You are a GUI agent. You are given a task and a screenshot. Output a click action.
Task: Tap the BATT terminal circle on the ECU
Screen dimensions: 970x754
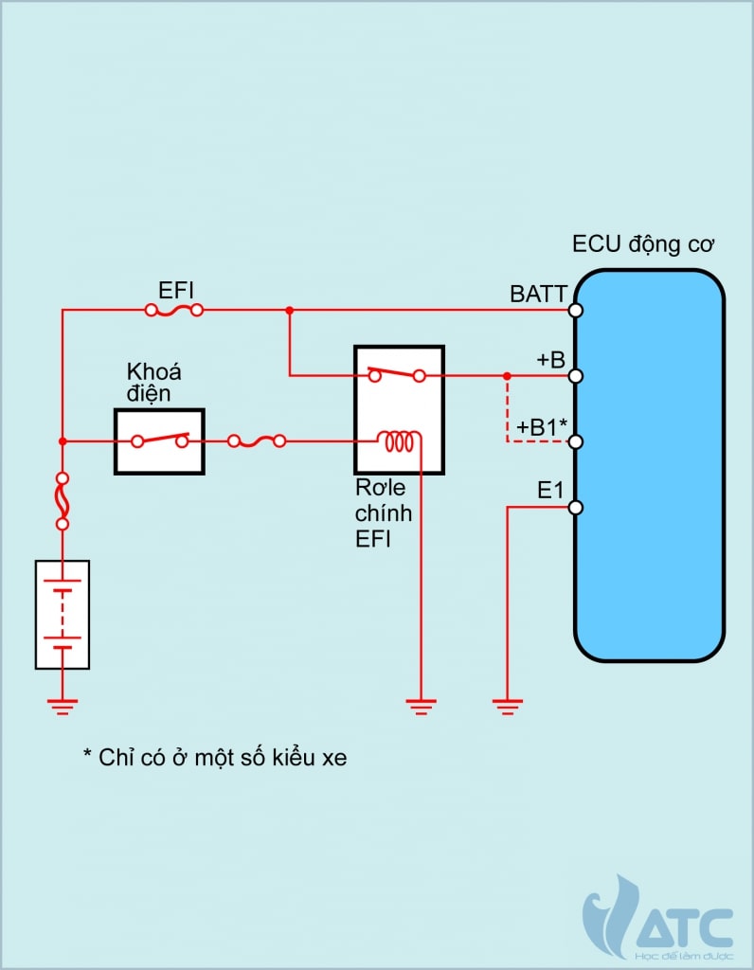click(x=575, y=310)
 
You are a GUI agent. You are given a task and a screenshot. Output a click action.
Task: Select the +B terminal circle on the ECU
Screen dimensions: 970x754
click(x=575, y=376)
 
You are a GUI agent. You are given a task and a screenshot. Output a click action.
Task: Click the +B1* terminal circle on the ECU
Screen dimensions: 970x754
click(x=575, y=441)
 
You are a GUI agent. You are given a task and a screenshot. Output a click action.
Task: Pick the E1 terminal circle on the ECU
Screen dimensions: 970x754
click(x=575, y=508)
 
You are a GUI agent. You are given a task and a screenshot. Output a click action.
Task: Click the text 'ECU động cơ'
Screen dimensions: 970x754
click(x=643, y=244)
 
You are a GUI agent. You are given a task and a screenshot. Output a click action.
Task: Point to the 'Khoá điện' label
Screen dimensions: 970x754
click(x=153, y=381)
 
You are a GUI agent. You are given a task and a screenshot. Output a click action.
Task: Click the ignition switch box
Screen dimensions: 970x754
click(x=160, y=440)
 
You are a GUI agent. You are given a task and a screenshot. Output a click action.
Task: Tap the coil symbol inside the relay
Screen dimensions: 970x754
click(x=399, y=440)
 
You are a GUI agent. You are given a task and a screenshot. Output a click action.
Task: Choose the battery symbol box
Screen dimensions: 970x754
click(x=63, y=615)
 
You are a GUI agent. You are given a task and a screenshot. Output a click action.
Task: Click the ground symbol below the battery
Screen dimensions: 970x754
click(x=63, y=704)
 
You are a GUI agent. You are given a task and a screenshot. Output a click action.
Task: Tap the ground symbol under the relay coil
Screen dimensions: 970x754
click(x=421, y=704)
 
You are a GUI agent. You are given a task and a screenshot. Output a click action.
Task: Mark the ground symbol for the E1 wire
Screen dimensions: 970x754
click(x=508, y=704)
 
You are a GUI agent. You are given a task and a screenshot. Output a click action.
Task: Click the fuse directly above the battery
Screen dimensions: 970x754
click(x=63, y=501)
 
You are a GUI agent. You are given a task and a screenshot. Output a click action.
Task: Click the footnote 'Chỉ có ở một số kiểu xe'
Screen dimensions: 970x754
click(x=215, y=758)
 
